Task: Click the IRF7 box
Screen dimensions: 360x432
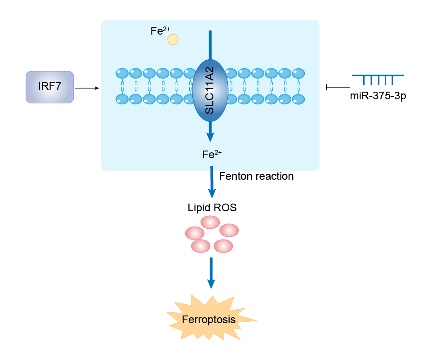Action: pyautogui.click(x=49, y=87)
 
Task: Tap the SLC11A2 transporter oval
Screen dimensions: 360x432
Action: pyautogui.click(x=210, y=90)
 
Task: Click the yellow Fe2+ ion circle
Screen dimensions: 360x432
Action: pyautogui.click(x=173, y=40)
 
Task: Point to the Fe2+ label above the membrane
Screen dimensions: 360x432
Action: pyautogui.click(x=159, y=31)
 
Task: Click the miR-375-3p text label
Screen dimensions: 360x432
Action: pyautogui.click(x=378, y=96)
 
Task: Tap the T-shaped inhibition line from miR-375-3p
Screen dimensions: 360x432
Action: pyautogui.click(x=337, y=87)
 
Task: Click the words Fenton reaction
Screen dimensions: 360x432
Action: pyautogui.click(x=256, y=176)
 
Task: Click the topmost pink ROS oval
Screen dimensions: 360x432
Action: pyautogui.click(x=210, y=222)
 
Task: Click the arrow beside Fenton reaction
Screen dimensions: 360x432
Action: pyautogui.click(x=210, y=182)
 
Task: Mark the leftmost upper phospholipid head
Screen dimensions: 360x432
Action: pyautogui.click(x=122, y=73)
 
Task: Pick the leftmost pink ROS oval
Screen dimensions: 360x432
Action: pyautogui.click(x=195, y=233)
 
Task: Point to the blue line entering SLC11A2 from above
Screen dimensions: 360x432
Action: pyautogui.click(x=210, y=45)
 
